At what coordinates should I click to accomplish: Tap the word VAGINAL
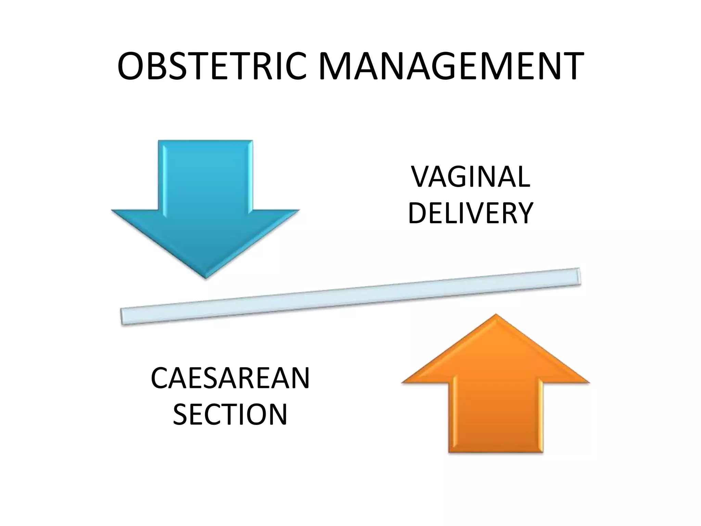click(x=471, y=177)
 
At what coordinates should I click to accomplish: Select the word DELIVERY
click(x=471, y=213)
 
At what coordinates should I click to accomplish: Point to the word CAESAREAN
click(x=230, y=378)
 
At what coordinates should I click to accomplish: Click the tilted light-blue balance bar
click(x=351, y=296)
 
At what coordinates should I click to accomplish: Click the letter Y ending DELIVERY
click(x=524, y=213)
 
